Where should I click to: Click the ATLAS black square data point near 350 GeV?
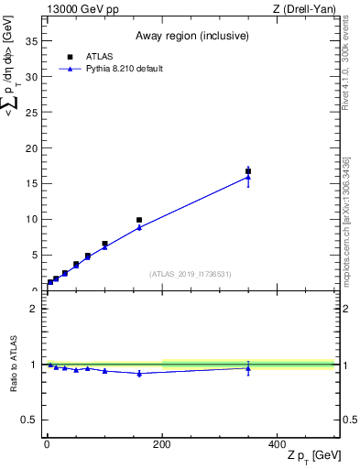coord(248,170)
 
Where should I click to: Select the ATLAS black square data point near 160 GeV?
coord(139,220)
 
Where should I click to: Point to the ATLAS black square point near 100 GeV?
coord(104,244)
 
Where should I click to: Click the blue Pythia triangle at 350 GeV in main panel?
coord(248,177)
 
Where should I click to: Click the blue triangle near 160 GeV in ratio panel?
coord(139,373)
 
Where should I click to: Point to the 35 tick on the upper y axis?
coord(34,41)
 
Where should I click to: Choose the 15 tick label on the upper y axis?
coord(34,183)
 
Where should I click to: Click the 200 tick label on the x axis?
coord(162,444)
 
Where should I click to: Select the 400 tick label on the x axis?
coord(278,444)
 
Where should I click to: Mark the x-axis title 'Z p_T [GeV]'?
coord(313,456)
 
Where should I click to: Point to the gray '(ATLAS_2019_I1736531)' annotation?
coord(191,274)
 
